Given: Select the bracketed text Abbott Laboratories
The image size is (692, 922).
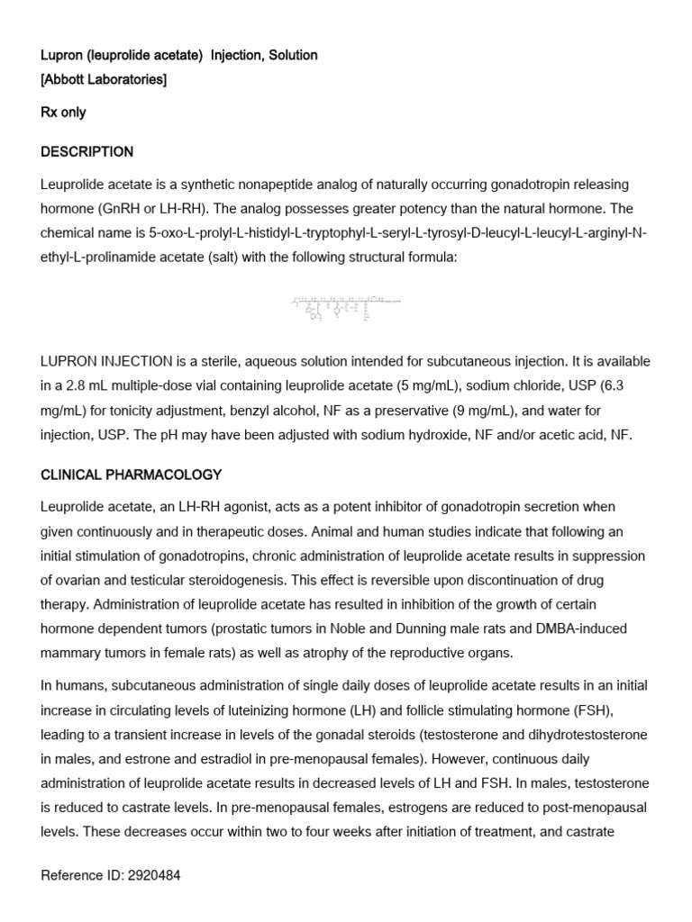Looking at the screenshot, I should [x=103, y=80].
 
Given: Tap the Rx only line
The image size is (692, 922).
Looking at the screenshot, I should [x=63, y=113].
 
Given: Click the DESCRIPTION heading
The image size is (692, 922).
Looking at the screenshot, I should [x=86, y=151].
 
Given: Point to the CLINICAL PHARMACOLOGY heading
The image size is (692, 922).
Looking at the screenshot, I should [x=131, y=475].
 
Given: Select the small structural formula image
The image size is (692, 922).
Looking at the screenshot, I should [x=345, y=309].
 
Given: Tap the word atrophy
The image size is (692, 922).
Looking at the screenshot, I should [x=342, y=652].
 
